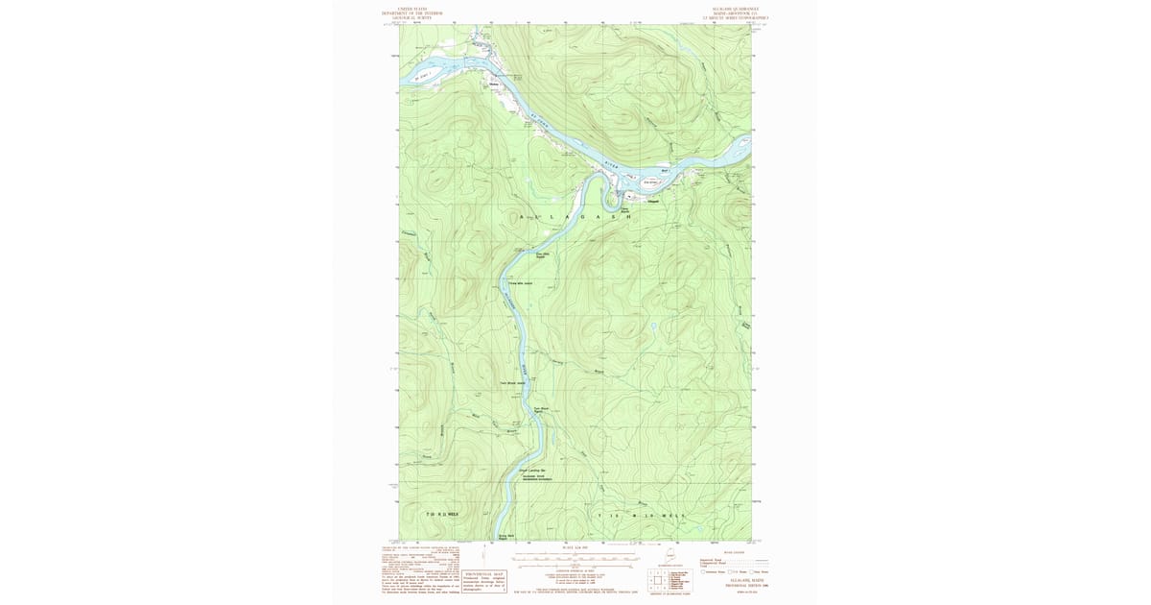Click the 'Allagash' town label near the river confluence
click(653, 201)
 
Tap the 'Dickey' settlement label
click(495, 84)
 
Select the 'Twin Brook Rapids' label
click(540, 410)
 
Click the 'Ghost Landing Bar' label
click(532, 470)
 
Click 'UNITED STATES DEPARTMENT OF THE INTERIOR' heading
click(413, 13)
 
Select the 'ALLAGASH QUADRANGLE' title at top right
click(737, 10)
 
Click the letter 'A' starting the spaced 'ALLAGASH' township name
click(522, 218)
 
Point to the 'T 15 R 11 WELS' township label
click(442, 514)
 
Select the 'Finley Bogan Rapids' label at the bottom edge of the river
click(505, 537)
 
